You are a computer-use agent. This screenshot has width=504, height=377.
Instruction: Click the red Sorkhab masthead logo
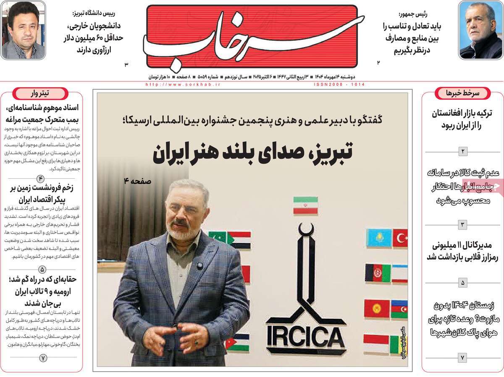tap(252, 36)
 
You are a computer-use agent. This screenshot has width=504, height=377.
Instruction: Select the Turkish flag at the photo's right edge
tap(400, 238)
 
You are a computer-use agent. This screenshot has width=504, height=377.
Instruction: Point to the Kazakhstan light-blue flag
tap(379, 238)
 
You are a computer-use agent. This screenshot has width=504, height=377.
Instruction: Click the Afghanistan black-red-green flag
tap(378, 273)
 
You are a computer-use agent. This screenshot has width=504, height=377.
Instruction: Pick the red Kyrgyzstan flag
tap(377, 308)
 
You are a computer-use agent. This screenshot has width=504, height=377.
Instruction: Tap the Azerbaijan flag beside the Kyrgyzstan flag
tap(399, 309)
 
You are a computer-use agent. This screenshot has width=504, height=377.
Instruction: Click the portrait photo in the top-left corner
tap(23, 30)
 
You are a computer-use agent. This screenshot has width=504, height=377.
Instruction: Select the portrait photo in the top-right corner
tap(480, 30)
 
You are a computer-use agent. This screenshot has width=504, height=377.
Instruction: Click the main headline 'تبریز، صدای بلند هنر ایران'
tap(252, 153)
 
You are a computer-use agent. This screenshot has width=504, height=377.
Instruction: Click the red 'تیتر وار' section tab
tap(40, 93)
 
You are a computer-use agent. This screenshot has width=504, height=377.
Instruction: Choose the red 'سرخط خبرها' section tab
tap(463, 93)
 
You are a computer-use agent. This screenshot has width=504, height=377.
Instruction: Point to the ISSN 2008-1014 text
tap(339, 84)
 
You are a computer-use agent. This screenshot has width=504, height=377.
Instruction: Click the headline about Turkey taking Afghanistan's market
tap(463, 119)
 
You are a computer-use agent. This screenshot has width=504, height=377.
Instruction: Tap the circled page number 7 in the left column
tap(43, 358)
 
